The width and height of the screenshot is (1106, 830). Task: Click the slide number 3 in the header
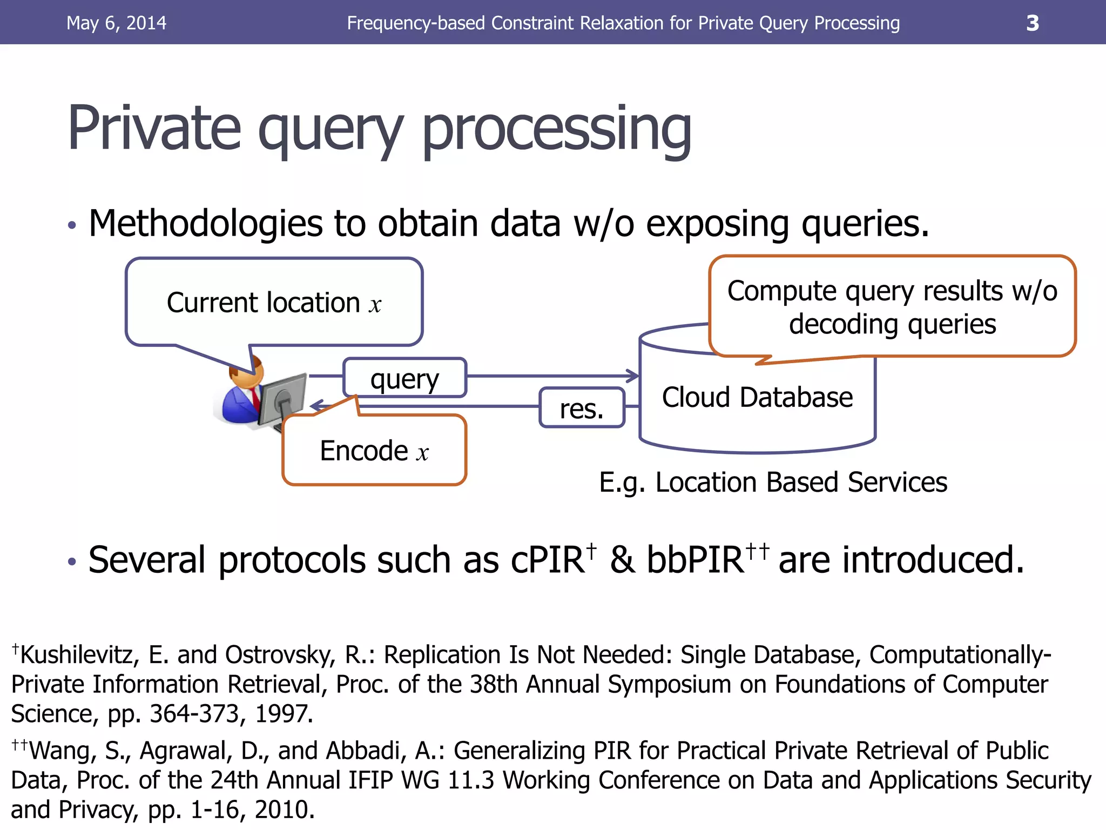[1032, 23]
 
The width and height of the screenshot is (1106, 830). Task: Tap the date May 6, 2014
[116, 23]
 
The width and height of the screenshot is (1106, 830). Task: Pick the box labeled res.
[582, 408]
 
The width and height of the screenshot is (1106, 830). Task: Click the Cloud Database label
[757, 397]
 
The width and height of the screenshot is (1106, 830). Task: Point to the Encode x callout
[374, 451]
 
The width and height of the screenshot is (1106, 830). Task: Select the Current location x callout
[274, 302]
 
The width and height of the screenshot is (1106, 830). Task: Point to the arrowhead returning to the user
[316, 405]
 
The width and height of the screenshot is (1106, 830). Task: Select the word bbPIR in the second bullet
[696, 560]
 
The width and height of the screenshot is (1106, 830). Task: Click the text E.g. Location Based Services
[773, 482]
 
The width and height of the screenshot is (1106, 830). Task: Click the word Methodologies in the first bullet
[205, 223]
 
